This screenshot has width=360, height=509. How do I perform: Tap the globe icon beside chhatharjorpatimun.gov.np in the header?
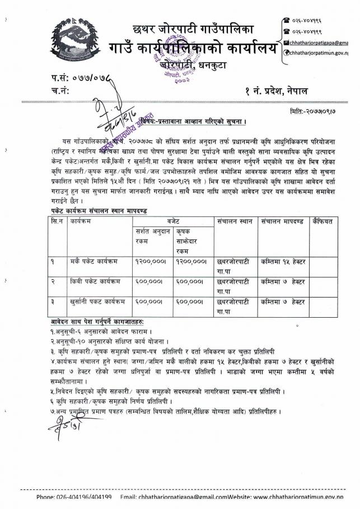286,53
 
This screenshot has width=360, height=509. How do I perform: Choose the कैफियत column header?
323,222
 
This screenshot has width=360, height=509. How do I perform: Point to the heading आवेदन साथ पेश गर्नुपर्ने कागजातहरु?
98,322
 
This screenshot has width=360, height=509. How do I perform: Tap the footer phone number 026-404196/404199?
74,497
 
